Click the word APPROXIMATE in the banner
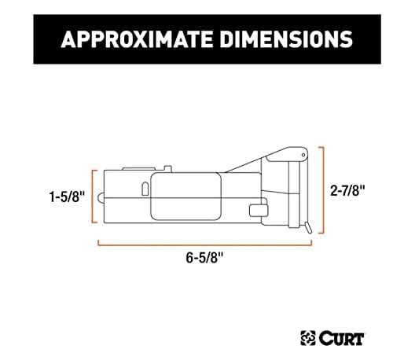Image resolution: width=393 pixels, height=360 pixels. [x=138, y=39]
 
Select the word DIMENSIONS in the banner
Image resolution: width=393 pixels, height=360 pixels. [x=286, y=39]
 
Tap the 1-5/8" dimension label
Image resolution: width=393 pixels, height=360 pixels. [x=67, y=197]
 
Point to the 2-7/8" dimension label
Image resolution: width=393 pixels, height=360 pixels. [x=347, y=190]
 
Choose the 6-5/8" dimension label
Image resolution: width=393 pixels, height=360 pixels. [x=204, y=258]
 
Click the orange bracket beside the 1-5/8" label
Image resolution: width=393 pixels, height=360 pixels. [x=93, y=197]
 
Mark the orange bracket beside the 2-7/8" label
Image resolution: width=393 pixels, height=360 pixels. [x=322, y=190]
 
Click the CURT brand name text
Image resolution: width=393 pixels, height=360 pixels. [x=341, y=339]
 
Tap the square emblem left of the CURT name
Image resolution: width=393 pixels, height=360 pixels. [x=308, y=338]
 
